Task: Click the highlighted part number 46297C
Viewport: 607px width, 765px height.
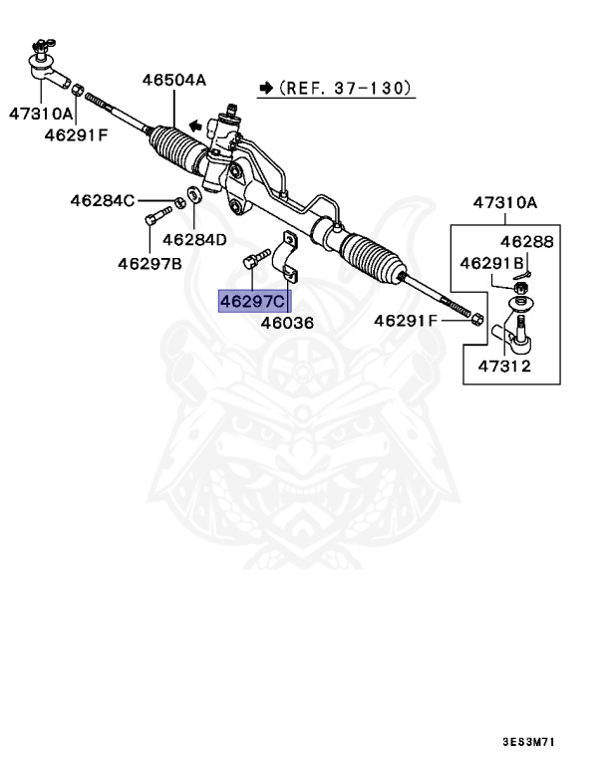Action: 253,301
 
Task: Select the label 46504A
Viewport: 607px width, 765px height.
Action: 173,80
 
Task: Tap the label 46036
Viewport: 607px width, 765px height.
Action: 287,323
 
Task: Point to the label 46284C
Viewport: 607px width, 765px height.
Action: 102,200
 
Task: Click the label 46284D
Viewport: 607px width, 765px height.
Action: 194,239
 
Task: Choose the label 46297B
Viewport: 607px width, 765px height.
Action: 150,263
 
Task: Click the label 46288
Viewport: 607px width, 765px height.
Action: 525,242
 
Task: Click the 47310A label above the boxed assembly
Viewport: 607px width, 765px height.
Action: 504,203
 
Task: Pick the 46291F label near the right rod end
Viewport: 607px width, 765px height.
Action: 406,320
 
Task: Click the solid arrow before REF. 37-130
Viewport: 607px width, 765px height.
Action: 265,89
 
